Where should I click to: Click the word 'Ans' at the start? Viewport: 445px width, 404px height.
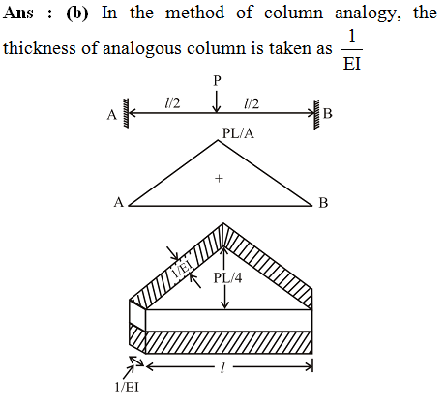pos(17,13)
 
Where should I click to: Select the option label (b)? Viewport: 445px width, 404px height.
pos(77,14)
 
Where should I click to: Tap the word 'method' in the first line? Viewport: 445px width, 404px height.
pos(194,13)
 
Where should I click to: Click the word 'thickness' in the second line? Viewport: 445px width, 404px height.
pos(41,48)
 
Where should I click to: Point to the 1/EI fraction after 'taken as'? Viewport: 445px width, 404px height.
pos(352,50)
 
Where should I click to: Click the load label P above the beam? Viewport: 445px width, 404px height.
pos(217,80)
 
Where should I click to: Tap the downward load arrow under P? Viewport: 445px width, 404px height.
pos(217,101)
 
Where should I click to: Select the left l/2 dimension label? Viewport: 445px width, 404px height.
pos(172,103)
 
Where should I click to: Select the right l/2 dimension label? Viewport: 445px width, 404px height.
pos(252,103)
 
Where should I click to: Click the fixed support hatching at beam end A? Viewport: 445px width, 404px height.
pos(125,113)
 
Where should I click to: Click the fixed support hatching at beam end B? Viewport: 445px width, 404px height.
pos(317,114)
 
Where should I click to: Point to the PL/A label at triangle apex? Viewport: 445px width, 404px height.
pos(238,132)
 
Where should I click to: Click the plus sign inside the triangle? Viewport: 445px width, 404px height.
pos(219,178)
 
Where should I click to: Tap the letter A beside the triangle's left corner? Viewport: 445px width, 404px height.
pos(119,203)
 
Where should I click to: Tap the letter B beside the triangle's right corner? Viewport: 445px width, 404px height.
pos(323,203)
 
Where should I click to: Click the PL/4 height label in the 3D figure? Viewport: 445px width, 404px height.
pos(227,277)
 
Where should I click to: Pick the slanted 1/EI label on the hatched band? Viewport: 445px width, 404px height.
pos(183,270)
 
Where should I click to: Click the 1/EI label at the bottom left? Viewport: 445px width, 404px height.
pos(127,388)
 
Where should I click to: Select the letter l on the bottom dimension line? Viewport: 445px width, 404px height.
pos(222,367)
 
